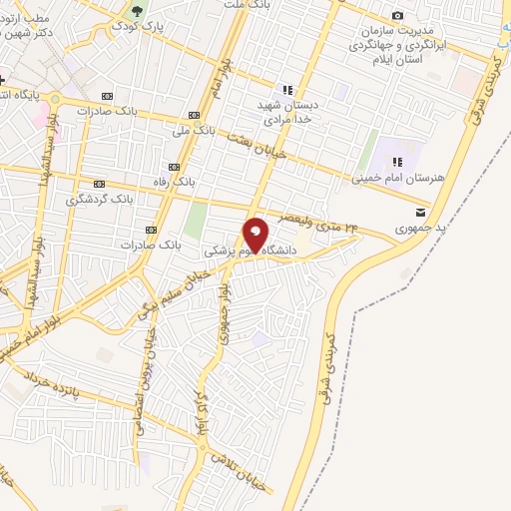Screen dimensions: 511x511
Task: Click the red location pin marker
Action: click(256, 235)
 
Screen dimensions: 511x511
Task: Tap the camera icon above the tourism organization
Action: click(398, 15)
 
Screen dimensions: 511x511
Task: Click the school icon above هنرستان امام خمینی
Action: click(396, 162)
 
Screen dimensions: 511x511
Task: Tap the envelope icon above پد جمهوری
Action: click(420, 213)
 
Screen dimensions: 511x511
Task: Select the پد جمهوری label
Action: click(419, 229)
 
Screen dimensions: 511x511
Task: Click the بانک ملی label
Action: click(194, 131)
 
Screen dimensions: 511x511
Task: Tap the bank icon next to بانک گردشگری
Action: click(98, 185)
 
